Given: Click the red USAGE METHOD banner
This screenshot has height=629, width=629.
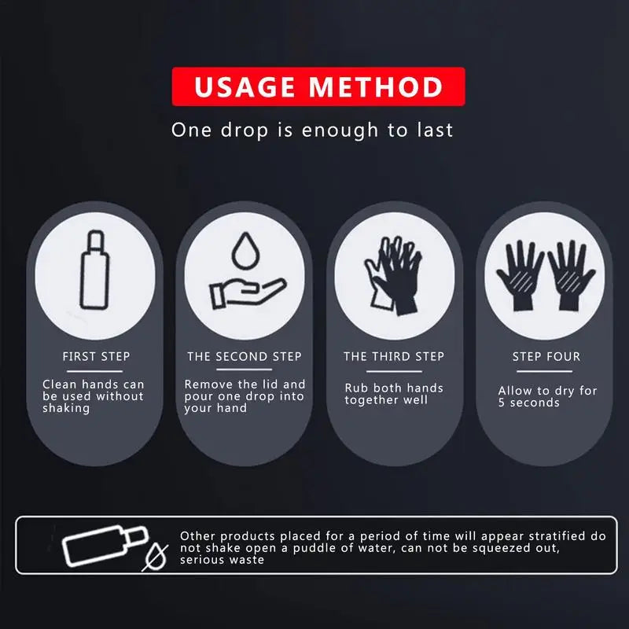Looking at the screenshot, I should tap(318, 86).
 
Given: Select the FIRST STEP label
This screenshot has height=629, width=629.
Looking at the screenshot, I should tap(96, 357).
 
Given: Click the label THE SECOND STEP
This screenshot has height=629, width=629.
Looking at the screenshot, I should tap(245, 357).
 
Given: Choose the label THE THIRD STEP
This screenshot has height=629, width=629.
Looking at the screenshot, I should tap(393, 357).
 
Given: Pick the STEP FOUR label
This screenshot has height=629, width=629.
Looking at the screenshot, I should tap(546, 357).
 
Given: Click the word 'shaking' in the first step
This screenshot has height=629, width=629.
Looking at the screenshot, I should tap(66, 408).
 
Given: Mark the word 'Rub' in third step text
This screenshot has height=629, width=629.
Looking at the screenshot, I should tap(355, 388).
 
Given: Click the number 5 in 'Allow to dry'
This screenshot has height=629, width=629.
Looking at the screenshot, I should tap(502, 403).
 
